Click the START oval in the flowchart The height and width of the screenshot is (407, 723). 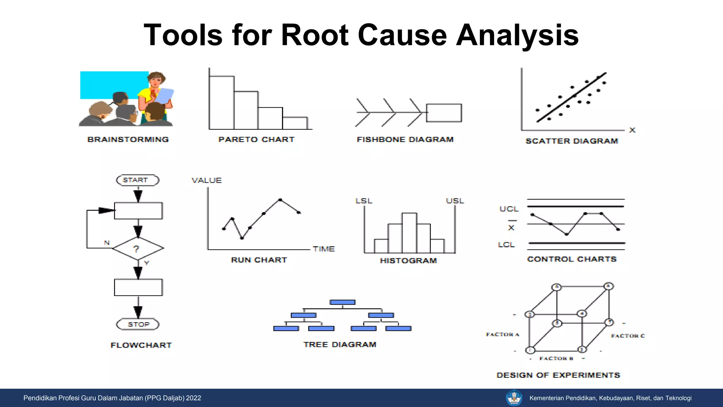click(x=138, y=180)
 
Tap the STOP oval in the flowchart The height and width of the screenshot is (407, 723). click(x=138, y=324)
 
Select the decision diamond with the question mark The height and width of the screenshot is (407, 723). click(x=138, y=249)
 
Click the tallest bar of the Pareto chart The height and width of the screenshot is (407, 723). click(x=221, y=102)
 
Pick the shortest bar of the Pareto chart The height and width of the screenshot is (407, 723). click(x=295, y=123)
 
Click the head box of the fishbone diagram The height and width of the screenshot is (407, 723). click(x=444, y=113)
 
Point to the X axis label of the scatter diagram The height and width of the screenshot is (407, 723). click(x=632, y=130)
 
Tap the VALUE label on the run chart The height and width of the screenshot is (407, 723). click(x=207, y=181)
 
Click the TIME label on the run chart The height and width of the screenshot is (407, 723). click(x=324, y=249)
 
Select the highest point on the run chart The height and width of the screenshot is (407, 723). click(x=280, y=200)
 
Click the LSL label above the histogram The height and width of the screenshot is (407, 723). click(x=364, y=201)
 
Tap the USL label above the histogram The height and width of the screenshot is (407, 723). click(x=455, y=201)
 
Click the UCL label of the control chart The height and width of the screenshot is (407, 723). click(x=509, y=209)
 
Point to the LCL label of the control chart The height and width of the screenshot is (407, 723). click(x=506, y=245)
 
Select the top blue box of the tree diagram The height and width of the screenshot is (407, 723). click(x=342, y=302)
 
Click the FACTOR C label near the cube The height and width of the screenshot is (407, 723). click(x=628, y=336)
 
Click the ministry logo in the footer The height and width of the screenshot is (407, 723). click(x=514, y=398)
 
